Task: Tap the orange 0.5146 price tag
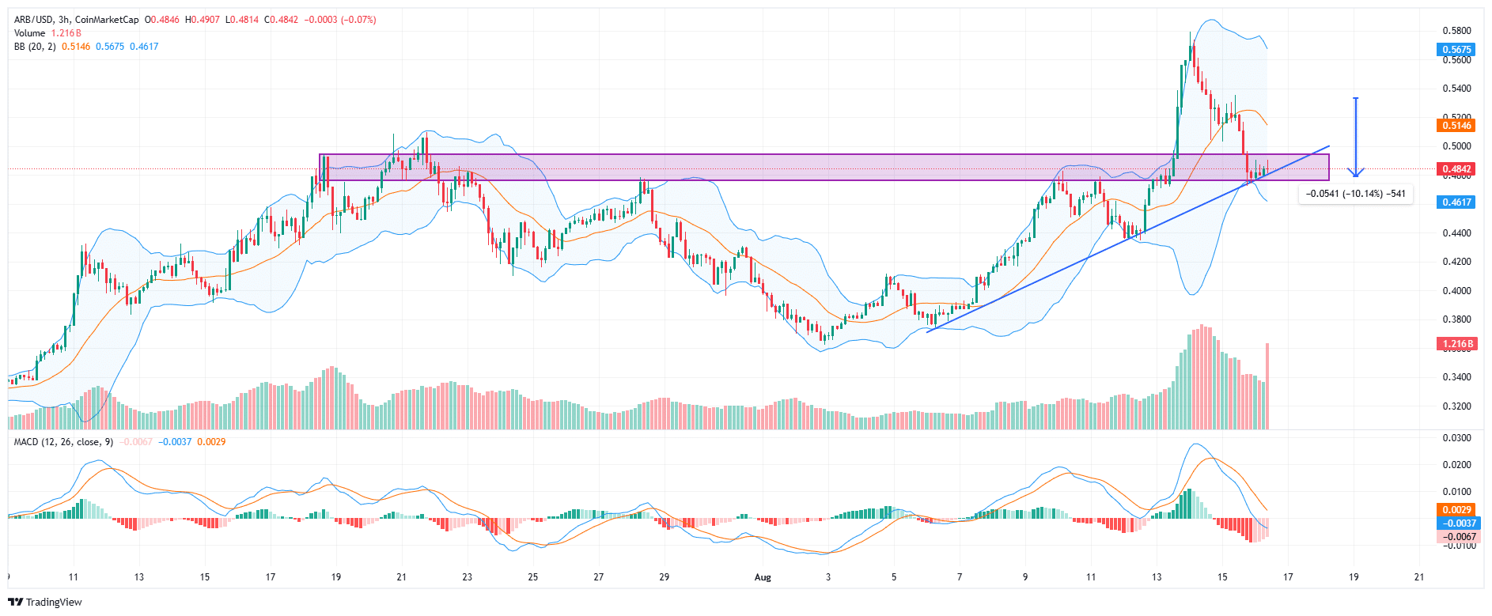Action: tap(1456, 125)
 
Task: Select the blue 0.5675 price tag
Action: tap(1456, 49)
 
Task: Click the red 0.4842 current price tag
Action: tap(1456, 168)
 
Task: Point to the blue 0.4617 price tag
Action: tap(1456, 202)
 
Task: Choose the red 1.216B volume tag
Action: tap(1456, 344)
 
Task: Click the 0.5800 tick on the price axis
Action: tap(1456, 31)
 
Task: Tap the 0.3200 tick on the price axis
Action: tap(1456, 406)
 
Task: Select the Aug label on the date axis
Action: tap(763, 576)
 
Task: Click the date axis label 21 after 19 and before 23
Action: tap(401, 576)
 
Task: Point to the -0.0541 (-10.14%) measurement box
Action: tap(1355, 194)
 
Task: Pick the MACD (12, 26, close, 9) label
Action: tap(63, 441)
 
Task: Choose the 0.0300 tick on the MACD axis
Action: tap(1456, 437)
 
